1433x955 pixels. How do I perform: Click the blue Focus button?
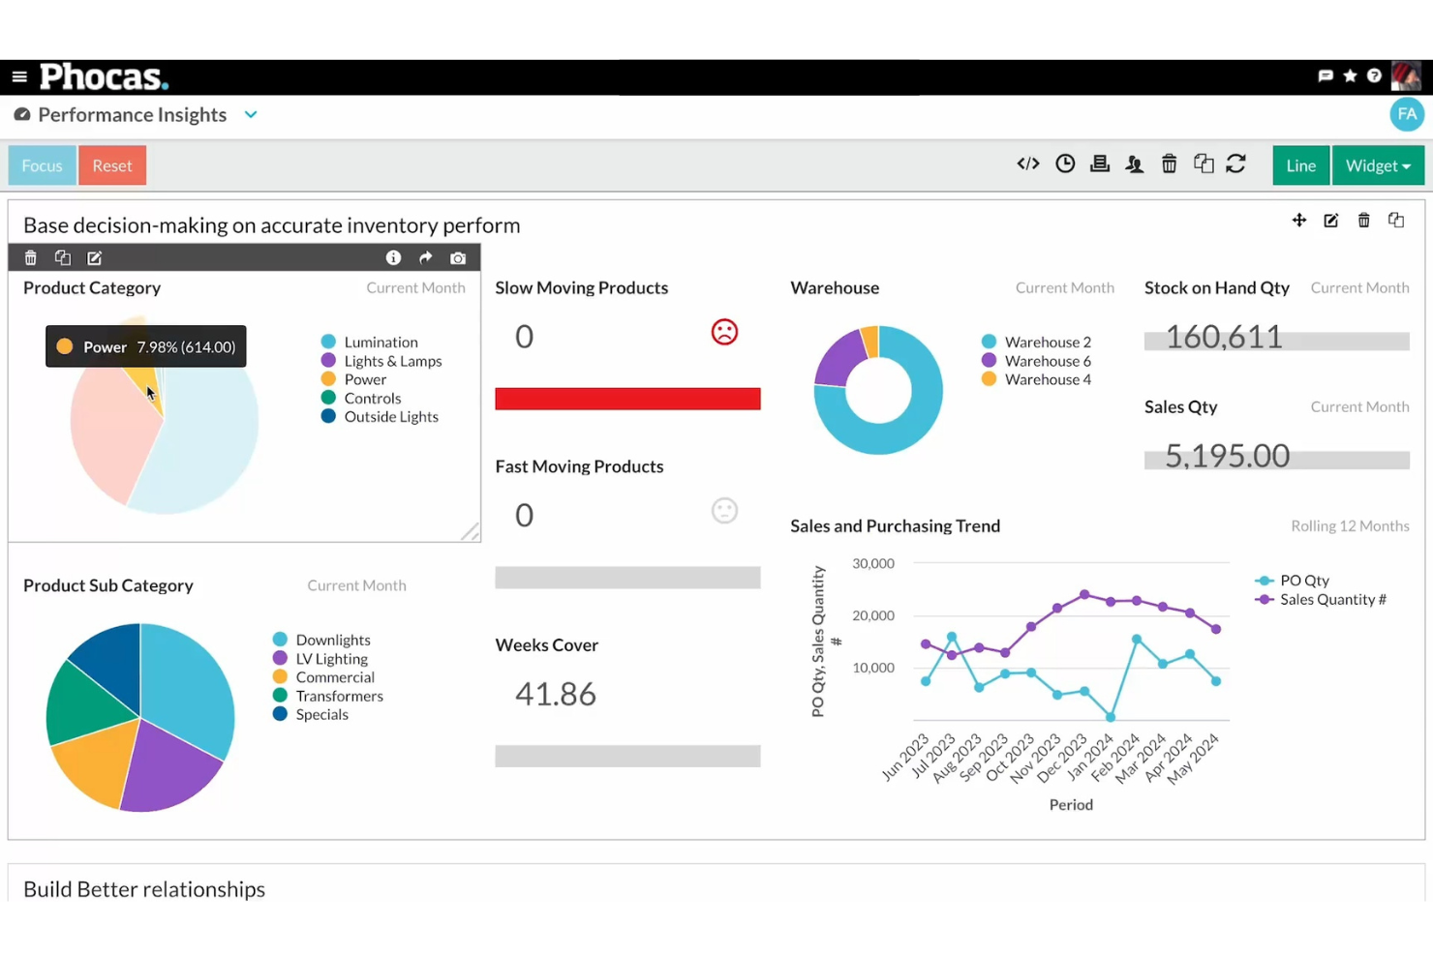[42, 165]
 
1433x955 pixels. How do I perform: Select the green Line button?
[1300, 165]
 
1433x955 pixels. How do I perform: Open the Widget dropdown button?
[1377, 165]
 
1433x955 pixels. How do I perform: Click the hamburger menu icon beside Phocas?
[19, 76]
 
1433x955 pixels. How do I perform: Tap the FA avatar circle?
[1406, 114]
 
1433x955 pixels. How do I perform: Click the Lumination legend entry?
[381, 343]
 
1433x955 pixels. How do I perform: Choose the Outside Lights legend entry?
[390, 417]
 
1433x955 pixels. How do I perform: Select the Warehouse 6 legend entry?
[1047, 361]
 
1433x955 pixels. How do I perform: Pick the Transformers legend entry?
[339, 696]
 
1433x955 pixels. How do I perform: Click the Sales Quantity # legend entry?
[1332, 600]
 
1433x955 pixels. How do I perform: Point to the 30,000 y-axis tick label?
[873, 563]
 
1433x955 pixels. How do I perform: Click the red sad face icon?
[724, 333]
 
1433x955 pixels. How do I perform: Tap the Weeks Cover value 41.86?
[556, 694]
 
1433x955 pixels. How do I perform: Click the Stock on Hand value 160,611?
[1224, 337]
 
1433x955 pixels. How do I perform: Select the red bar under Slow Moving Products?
[627, 399]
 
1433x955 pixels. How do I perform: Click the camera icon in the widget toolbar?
[458, 258]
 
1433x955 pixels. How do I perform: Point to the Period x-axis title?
[1071, 805]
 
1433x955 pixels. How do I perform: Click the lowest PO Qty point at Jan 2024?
[1111, 717]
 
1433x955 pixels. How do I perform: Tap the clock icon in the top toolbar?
[1065, 164]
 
